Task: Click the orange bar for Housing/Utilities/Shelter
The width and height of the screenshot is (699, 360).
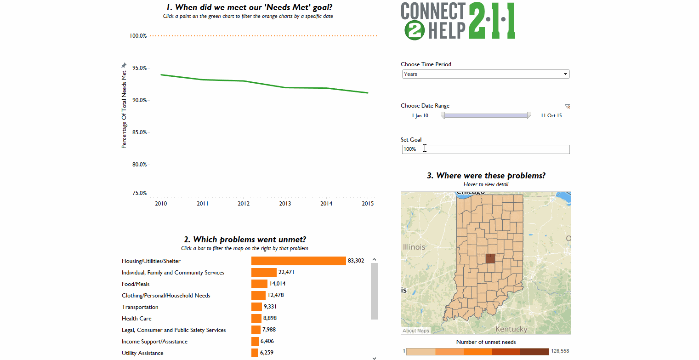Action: coord(298,261)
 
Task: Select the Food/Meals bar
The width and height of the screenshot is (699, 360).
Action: coord(259,284)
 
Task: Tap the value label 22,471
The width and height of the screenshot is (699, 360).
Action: coord(286,272)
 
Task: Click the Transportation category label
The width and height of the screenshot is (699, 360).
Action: coord(140,307)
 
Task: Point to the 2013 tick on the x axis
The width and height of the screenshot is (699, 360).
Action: coord(285,203)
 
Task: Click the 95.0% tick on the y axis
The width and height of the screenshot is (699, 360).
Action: coord(139,68)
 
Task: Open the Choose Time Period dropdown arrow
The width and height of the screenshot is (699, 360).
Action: coord(565,74)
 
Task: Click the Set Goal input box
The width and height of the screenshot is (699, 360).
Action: coord(485,149)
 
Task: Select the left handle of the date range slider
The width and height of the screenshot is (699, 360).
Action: coord(443,115)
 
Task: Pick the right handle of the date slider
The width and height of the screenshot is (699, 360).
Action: coord(529,115)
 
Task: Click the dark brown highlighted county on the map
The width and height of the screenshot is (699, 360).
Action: coord(490,258)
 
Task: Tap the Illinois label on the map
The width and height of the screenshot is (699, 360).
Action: coord(414,247)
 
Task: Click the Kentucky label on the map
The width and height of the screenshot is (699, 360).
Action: coord(511,329)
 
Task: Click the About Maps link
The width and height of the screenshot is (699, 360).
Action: coord(416,331)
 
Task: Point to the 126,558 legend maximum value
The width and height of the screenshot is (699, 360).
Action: coord(560,351)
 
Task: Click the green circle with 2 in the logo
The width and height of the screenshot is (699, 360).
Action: coord(414,30)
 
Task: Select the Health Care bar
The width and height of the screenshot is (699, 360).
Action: coord(256,318)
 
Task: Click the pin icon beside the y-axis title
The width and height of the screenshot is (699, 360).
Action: coord(124,66)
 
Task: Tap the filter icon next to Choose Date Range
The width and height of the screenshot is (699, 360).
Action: coord(568,106)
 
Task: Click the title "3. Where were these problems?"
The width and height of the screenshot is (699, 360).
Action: coord(486,176)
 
